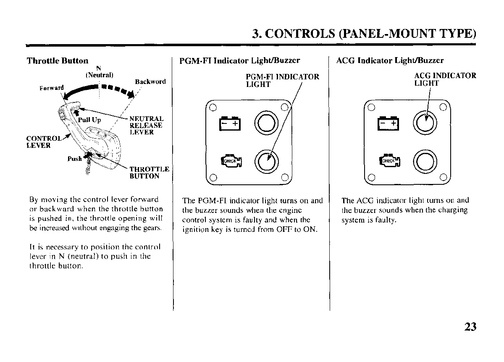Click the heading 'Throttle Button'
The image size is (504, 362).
(58, 61)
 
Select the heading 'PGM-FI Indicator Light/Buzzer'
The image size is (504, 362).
(239, 61)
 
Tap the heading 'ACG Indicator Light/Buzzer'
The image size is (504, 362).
(390, 60)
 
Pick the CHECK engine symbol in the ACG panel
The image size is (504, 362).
(389, 161)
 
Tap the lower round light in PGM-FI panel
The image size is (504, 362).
(266, 160)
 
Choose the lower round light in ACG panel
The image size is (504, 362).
(424, 160)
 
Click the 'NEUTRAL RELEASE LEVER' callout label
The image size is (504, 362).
(146, 126)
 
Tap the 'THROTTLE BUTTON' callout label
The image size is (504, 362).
(149, 173)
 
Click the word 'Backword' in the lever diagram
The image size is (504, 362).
(150, 81)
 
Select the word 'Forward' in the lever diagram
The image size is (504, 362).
(52, 88)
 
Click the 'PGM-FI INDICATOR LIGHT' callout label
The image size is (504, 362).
(282, 80)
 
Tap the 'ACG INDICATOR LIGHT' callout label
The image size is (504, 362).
(445, 79)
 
